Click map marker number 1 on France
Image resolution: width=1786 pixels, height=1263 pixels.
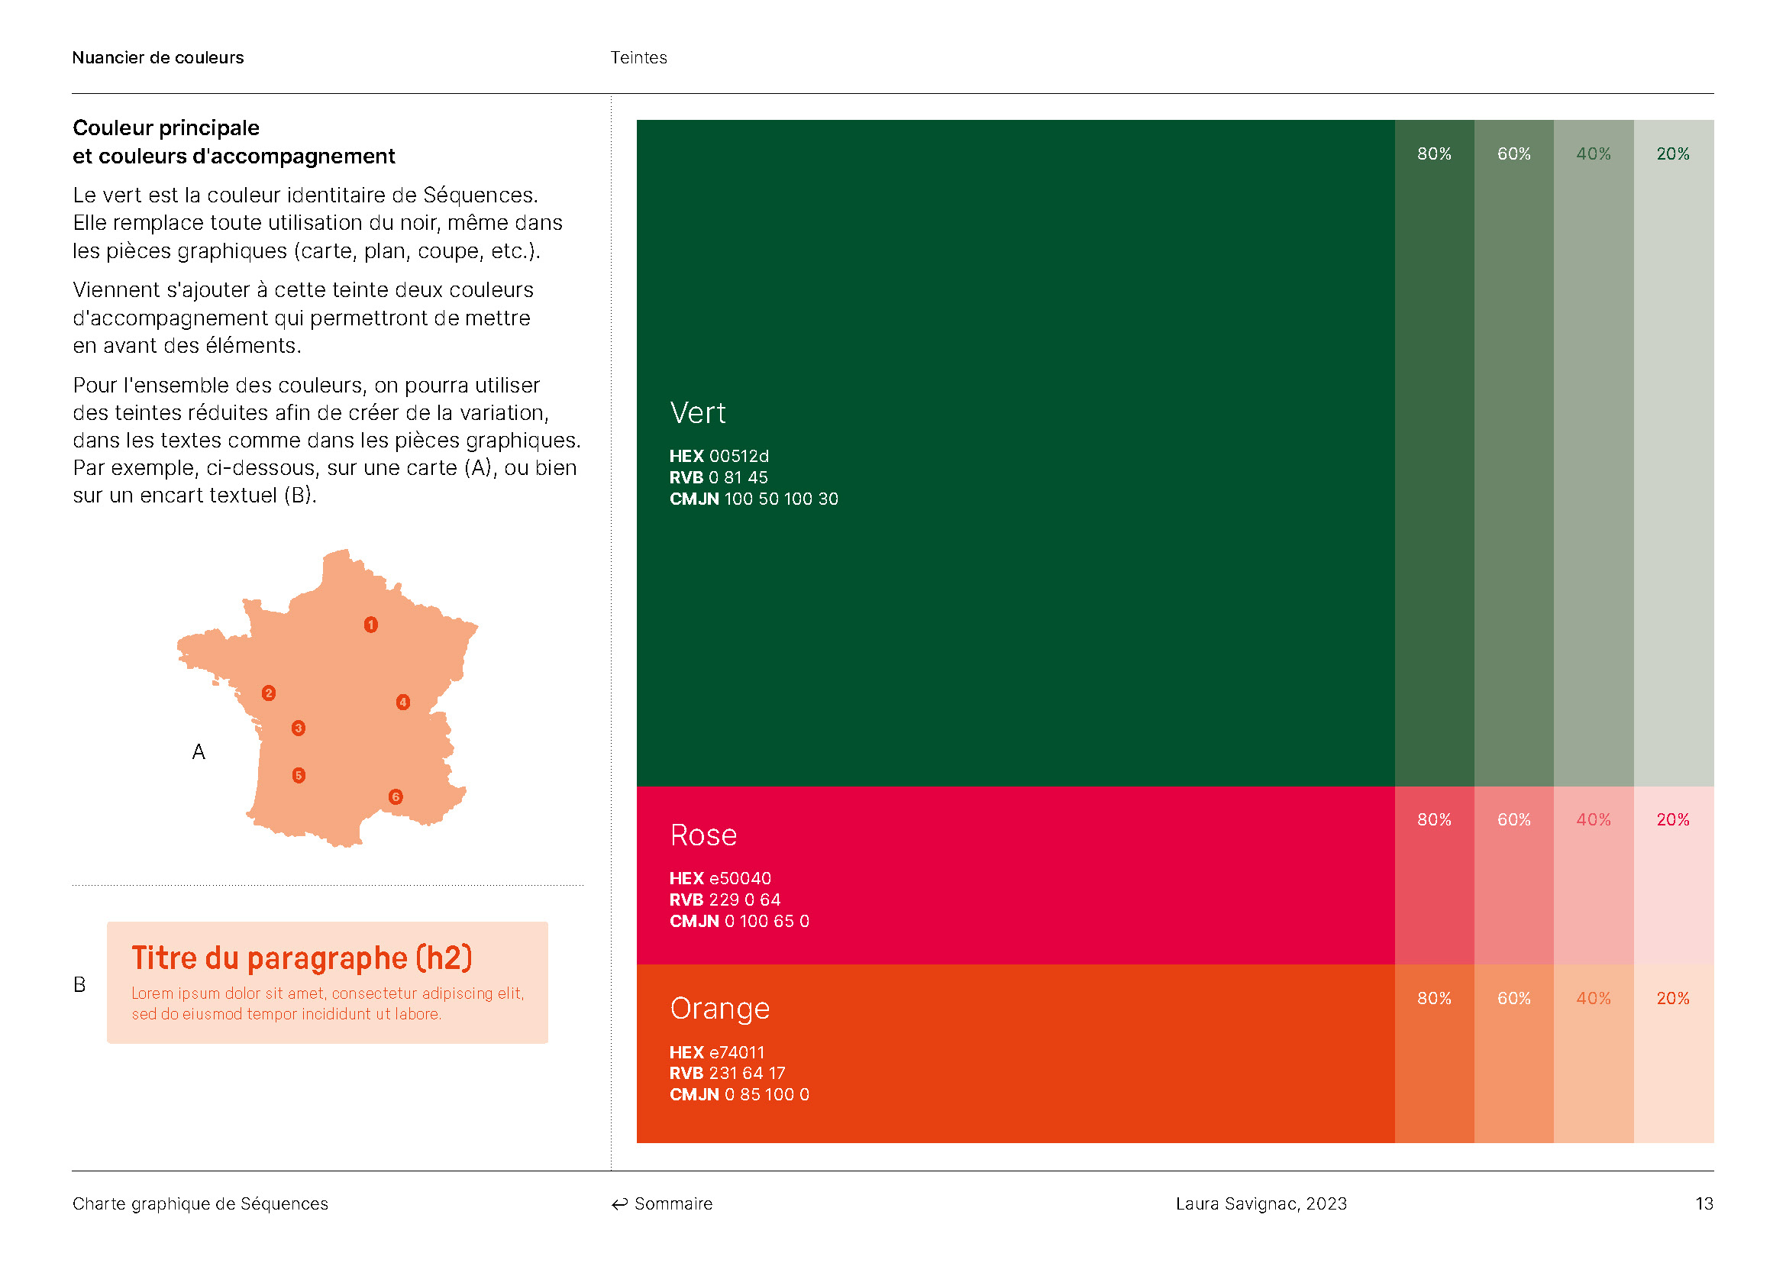371,625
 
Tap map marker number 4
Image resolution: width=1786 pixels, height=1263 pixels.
403,703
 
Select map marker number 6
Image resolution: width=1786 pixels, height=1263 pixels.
396,796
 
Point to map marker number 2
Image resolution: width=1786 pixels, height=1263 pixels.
268,693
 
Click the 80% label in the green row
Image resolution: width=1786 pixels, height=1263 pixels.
1434,154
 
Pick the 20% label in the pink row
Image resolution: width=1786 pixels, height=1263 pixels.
1672,819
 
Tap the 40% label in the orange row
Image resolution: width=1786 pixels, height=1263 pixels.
1593,998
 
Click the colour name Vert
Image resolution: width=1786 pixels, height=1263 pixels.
698,413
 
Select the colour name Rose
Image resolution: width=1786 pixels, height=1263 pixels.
703,835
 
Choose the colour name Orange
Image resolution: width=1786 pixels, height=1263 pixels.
719,1009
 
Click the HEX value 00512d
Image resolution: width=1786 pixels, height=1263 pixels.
738,457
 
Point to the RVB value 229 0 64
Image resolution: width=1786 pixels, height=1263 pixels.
744,900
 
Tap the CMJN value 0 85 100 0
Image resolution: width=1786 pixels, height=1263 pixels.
766,1095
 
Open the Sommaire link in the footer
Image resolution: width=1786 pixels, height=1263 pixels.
662,1204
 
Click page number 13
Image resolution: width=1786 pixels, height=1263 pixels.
1704,1204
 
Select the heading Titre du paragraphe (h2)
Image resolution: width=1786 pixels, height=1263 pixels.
302,958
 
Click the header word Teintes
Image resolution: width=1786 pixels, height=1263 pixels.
638,57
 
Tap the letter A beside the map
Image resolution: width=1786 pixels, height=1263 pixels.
199,752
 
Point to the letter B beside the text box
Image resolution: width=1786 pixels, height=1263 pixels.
79,984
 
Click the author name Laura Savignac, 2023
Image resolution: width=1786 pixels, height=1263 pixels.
1261,1204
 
